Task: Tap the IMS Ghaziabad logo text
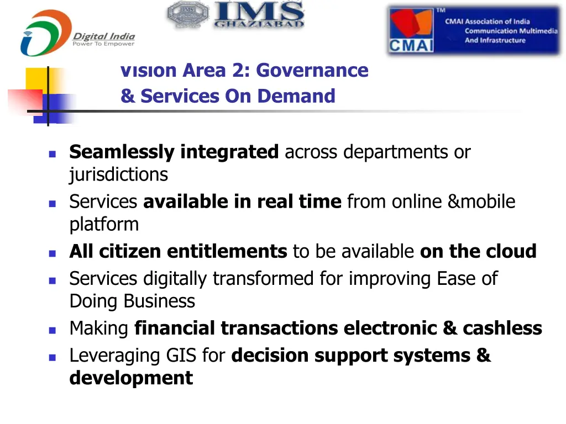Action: click(x=259, y=15)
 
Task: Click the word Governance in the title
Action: click(x=312, y=71)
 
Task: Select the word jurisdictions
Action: click(x=118, y=174)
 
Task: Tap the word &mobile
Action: click(x=481, y=202)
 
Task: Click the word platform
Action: click(x=104, y=224)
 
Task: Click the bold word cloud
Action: click(x=511, y=251)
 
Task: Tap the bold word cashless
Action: click(x=502, y=328)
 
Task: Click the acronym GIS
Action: click(x=181, y=356)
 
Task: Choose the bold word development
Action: click(x=131, y=378)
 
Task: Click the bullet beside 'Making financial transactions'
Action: click(x=52, y=330)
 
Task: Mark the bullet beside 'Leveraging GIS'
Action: click(x=52, y=357)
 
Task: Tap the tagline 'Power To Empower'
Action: click(x=103, y=44)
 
